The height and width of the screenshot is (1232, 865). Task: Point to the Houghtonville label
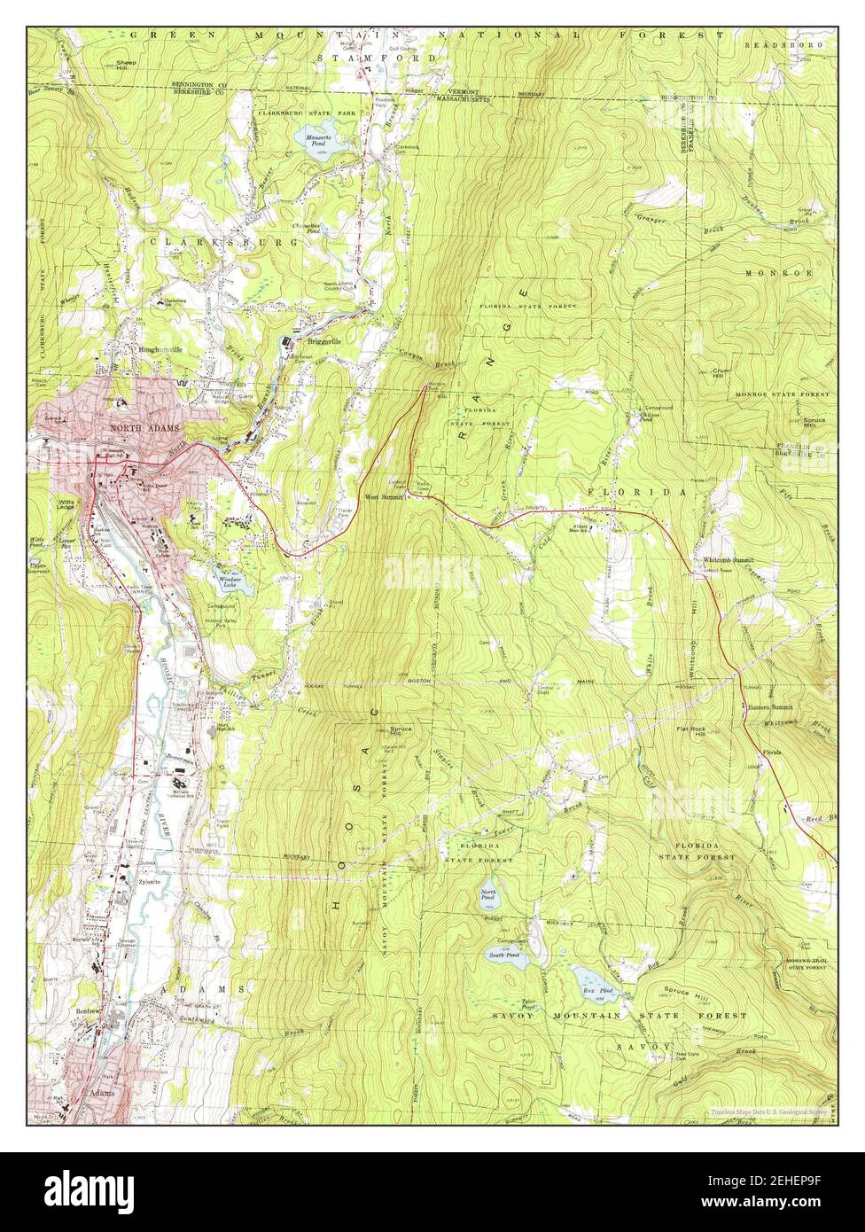(160, 350)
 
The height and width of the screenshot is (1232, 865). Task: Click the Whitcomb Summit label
(728, 561)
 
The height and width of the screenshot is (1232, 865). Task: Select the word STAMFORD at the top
(378, 58)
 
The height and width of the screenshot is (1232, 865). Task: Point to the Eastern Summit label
(768, 707)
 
